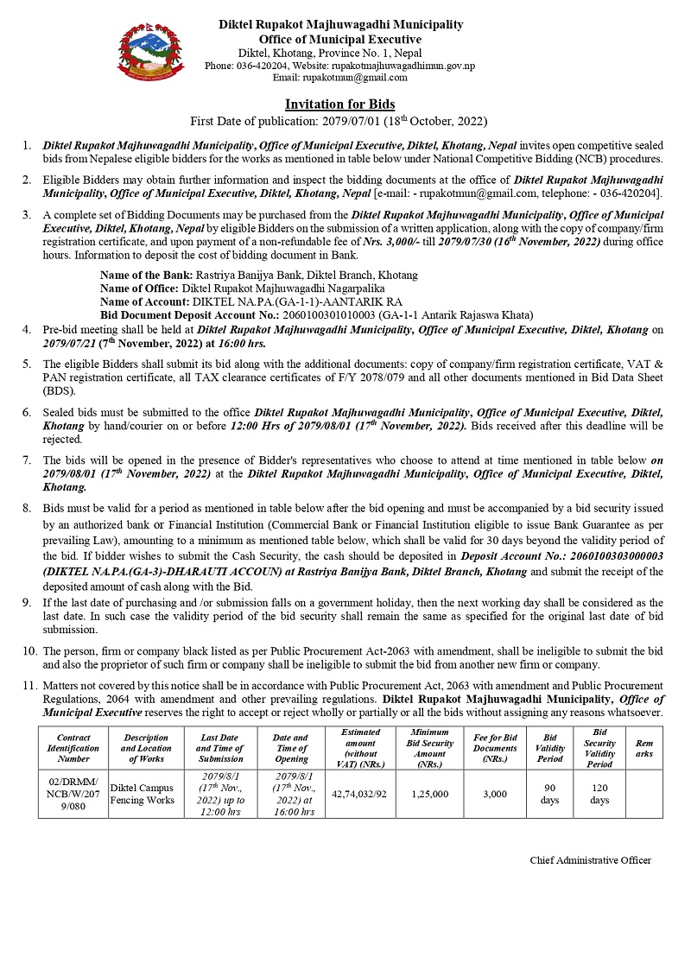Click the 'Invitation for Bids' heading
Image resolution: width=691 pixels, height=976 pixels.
pyautogui.click(x=339, y=104)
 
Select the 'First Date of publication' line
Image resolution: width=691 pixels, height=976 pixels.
pyautogui.click(x=339, y=120)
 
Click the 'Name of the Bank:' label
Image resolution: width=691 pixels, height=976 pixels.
pyautogui.click(x=140, y=275)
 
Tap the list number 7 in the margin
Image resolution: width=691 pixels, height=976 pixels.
pyautogui.click(x=27, y=460)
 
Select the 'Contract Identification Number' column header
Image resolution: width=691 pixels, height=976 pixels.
pyautogui.click(x=73, y=748)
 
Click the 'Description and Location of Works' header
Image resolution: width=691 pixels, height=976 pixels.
pyautogui.click(x=146, y=748)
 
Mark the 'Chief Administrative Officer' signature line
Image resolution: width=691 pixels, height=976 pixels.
pyautogui.click(x=590, y=860)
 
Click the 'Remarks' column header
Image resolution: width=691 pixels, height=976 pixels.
pyautogui.click(x=643, y=748)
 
